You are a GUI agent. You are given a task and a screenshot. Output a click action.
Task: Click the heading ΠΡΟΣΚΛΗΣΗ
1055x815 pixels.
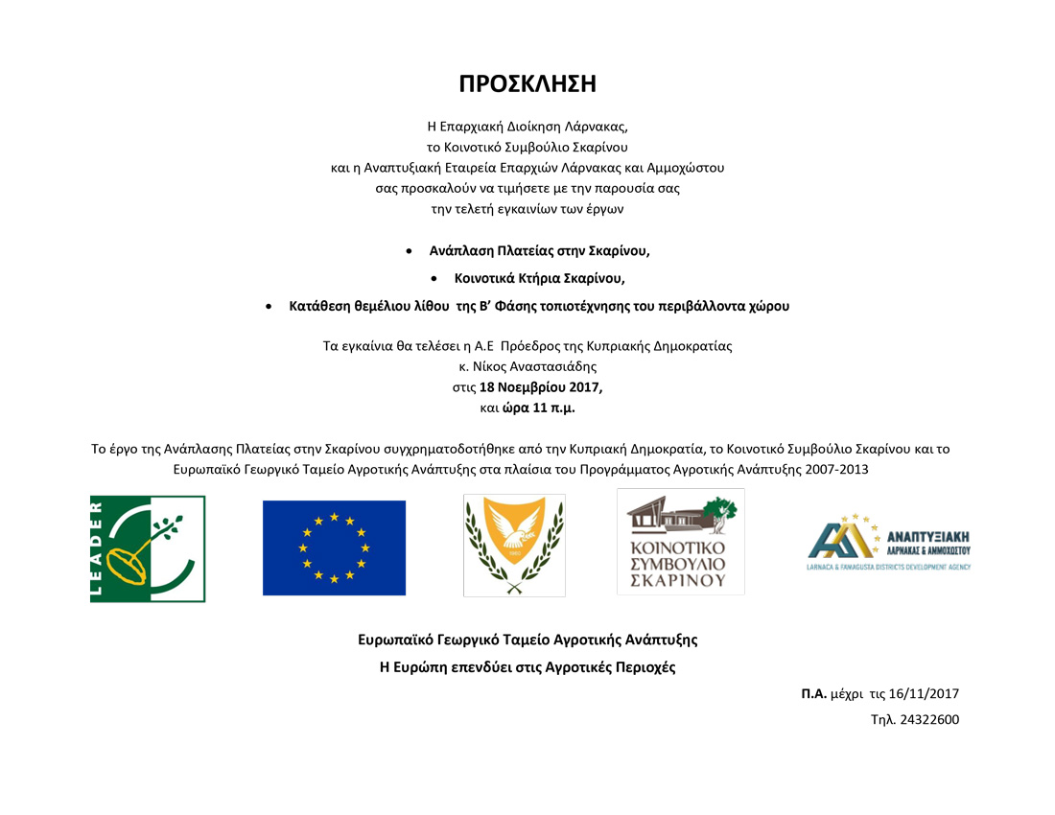[x=527, y=83]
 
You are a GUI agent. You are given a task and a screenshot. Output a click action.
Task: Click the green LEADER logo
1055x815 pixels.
[x=148, y=548]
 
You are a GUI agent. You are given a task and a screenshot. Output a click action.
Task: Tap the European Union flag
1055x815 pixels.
[x=334, y=547]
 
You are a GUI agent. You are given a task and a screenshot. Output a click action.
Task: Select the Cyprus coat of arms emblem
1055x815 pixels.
[x=514, y=545]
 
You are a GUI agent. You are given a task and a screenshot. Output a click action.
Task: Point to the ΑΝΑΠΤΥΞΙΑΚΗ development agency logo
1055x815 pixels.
[x=890, y=547]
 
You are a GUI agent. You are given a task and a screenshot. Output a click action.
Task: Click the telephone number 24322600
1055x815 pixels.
[x=929, y=719]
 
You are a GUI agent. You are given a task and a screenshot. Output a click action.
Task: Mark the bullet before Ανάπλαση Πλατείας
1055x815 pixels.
[x=410, y=251]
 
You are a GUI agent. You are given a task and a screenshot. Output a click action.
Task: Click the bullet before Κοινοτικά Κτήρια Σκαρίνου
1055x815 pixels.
[x=435, y=279]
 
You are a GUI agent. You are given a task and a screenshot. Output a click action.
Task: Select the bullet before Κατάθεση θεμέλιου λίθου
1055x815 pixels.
[x=270, y=307]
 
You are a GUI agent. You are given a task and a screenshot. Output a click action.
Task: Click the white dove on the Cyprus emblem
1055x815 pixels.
[x=514, y=534]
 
